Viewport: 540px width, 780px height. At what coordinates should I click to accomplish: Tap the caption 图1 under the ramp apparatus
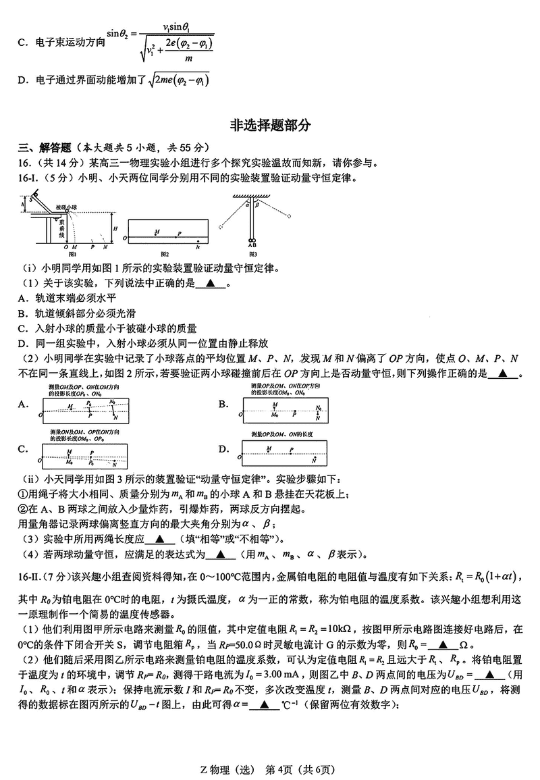72,254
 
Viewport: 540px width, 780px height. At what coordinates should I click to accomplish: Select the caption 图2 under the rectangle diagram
165,254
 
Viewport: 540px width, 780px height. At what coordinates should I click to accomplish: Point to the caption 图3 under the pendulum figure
253,254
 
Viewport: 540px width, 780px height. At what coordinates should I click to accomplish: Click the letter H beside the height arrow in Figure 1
115,229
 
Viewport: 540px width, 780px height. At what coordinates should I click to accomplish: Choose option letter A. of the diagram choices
24,405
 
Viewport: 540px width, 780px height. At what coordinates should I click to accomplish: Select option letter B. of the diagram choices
223,405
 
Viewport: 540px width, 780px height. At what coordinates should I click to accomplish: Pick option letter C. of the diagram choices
24,449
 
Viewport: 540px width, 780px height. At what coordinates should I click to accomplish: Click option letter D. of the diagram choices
223,449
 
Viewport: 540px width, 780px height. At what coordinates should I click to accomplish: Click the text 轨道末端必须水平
68,297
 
